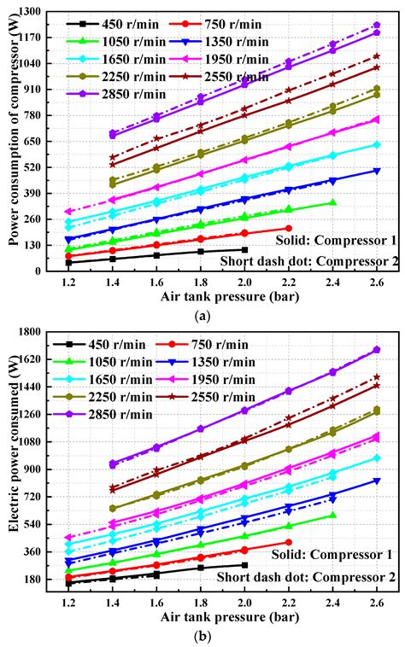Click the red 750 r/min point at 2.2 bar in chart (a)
coord(288,228)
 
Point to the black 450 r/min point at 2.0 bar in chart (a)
coord(244,250)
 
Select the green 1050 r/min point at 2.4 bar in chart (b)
coord(332,515)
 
